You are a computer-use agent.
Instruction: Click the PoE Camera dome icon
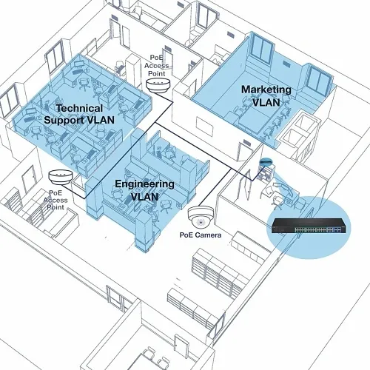[201, 216]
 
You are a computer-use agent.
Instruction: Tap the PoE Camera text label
[201, 235]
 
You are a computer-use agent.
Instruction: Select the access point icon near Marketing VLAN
[158, 85]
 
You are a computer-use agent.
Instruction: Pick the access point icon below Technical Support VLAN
[61, 177]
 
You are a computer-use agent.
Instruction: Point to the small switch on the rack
[266, 161]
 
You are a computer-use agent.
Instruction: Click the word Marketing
[266, 90]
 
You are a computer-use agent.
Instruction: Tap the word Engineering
[144, 184]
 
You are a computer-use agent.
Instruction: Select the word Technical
[79, 108]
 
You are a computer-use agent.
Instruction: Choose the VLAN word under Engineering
[144, 197]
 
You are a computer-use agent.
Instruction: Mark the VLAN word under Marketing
[266, 102]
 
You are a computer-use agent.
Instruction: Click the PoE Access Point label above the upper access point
[157, 65]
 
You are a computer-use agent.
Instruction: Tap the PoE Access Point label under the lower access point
[55, 200]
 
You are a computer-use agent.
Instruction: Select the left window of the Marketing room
[262, 48]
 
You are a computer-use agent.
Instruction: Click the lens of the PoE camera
[201, 222]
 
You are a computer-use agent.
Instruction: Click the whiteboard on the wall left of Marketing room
[204, 127]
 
